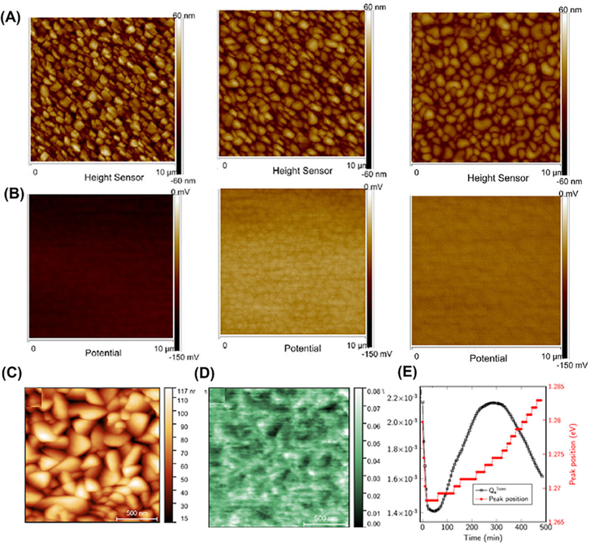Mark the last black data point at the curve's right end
[541, 476]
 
